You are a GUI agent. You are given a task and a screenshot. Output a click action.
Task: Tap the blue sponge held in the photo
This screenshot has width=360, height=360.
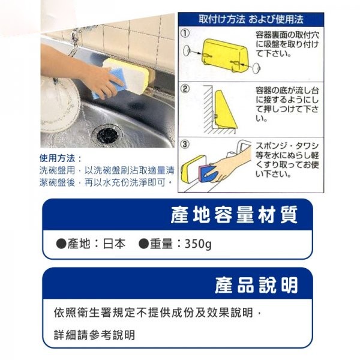pos(108,84)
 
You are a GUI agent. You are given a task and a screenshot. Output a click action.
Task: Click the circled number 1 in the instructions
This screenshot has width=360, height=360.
pos(185,33)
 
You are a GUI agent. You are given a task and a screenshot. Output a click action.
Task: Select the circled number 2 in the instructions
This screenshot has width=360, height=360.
pos(185,89)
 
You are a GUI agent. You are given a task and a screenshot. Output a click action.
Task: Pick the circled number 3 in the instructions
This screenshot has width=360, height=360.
pos(185,145)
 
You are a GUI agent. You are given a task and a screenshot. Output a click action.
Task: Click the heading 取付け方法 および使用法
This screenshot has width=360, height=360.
pos(251,19)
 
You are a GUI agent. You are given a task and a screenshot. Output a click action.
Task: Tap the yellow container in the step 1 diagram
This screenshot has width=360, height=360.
pos(224,55)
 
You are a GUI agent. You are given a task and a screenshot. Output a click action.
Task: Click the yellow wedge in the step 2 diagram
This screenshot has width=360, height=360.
pos(224,110)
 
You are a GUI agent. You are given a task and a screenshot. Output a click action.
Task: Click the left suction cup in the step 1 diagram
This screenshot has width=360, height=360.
pos(186,51)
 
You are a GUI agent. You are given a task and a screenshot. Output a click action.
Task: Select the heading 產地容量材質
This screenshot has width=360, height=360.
pos(234,214)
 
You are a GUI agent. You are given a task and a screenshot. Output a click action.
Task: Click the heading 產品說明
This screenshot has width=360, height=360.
pos(256,284)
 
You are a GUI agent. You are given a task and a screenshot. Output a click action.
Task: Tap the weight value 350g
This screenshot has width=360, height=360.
pos(198,244)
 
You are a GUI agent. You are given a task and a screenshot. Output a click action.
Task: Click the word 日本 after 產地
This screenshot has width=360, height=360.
pos(114,244)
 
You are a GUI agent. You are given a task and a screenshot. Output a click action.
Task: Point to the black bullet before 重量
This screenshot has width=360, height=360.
pos(143,244)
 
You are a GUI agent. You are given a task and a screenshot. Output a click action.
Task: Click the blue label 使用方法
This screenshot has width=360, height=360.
pos(57,158)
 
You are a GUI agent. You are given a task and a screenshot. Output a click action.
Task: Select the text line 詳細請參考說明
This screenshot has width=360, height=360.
pos(94,335)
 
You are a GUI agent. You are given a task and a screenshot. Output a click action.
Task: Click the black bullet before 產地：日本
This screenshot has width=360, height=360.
pos(61,244)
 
